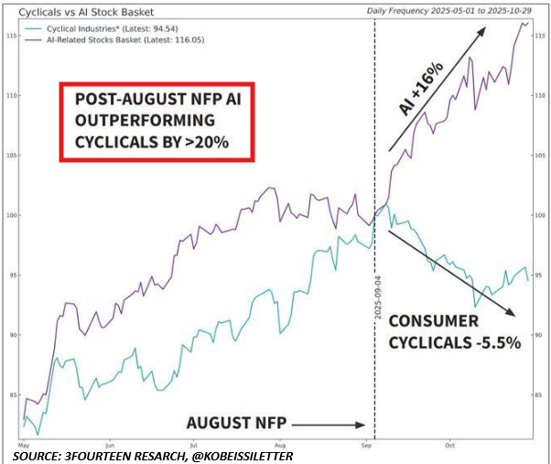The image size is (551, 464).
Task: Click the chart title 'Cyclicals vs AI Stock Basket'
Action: [87, 13]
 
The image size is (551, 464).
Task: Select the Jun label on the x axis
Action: [109, 444]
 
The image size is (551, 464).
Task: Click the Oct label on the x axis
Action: [450, 444]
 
